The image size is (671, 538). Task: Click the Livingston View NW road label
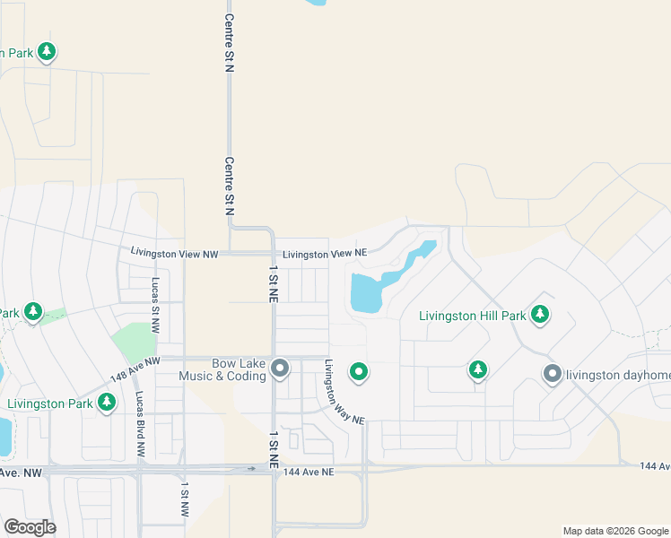point(175,254)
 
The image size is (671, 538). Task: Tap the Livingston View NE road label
point(322,254)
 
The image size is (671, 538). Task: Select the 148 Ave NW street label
point(135,367)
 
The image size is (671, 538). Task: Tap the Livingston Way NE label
point(344,393)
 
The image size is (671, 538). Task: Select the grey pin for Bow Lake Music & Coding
point(281,369)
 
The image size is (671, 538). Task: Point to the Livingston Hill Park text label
point(473,315)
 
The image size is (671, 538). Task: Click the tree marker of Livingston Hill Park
point(539,314)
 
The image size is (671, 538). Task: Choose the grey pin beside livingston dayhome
point(552,374)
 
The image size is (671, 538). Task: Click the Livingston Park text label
point(50,403)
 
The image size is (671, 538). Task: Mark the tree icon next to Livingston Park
point(107,402)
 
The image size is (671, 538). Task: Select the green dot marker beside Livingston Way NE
point(359,370)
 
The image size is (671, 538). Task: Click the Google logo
point(30,527)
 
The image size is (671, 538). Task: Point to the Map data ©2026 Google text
point(614,531)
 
